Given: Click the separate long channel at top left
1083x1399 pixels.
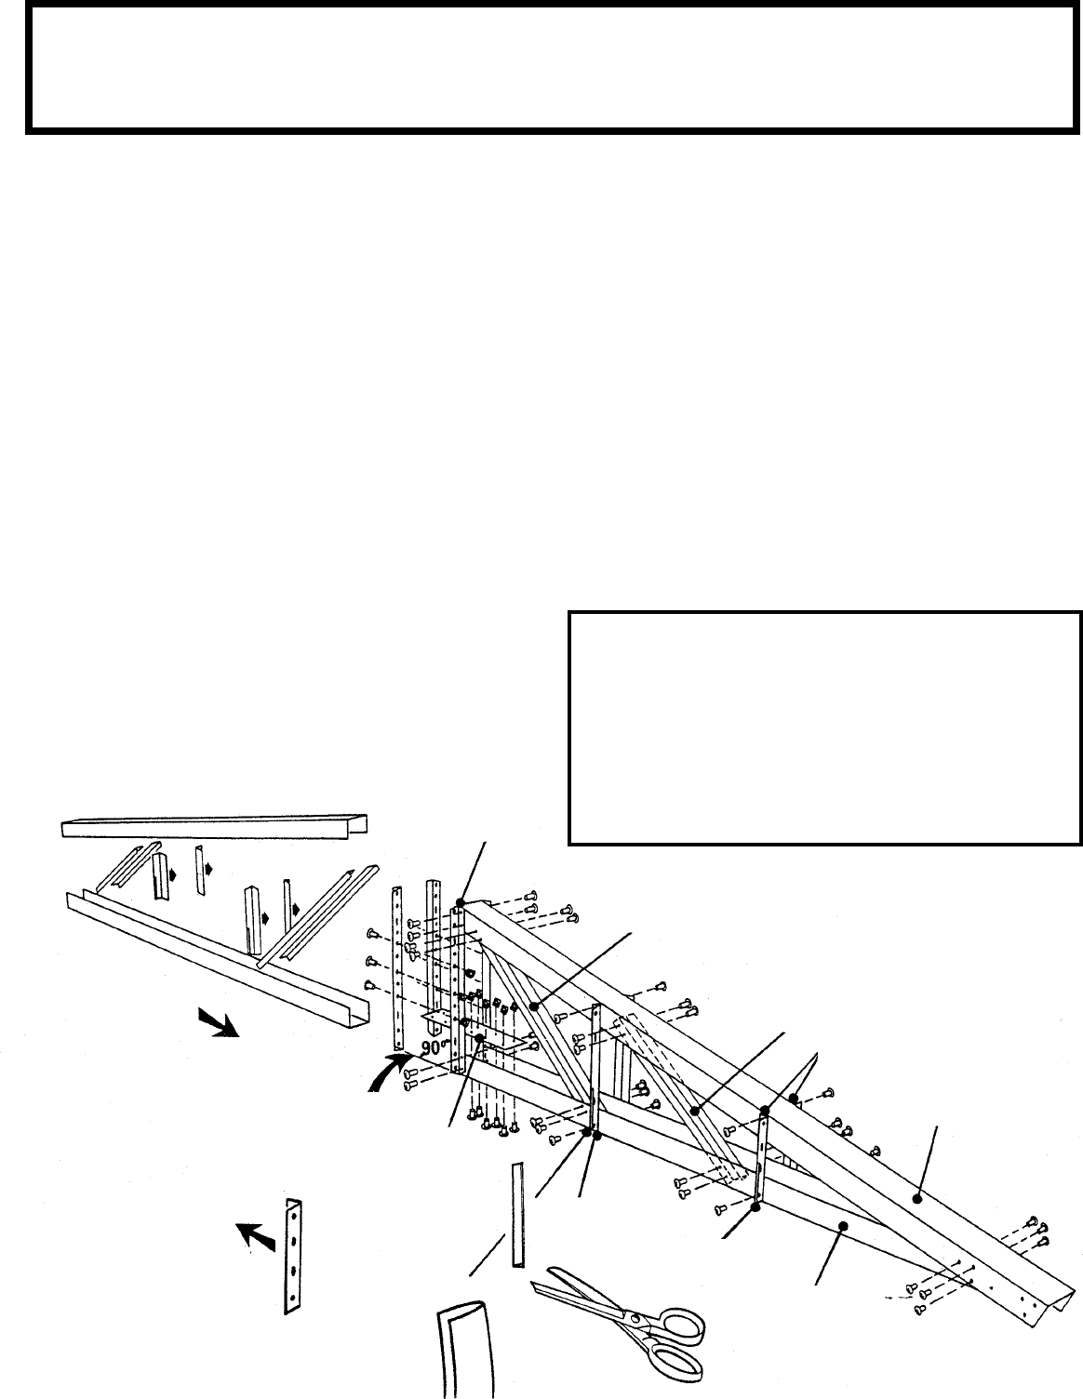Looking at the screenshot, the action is (213, 825).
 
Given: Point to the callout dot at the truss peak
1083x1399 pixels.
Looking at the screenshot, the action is (461, 901).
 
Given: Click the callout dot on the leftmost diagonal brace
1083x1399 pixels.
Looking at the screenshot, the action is (535, 1006).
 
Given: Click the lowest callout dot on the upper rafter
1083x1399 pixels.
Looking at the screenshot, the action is (917, 1200).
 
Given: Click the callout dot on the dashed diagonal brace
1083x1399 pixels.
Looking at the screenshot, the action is (694, 1110).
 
